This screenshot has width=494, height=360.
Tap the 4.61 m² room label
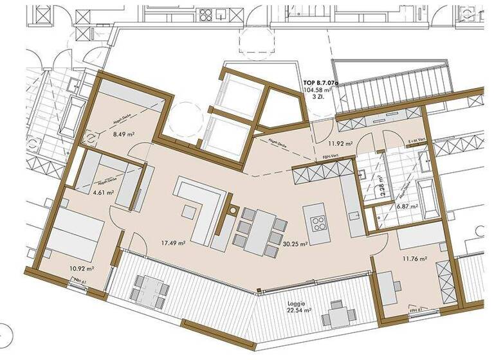point(102,192)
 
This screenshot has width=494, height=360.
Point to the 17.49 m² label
point(173,244)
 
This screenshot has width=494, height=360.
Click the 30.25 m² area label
point(295,244)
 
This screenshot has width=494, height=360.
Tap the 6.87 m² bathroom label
point(407,207)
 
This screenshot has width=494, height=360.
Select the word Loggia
point(297,301)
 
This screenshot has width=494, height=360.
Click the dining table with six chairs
point(261,230)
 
